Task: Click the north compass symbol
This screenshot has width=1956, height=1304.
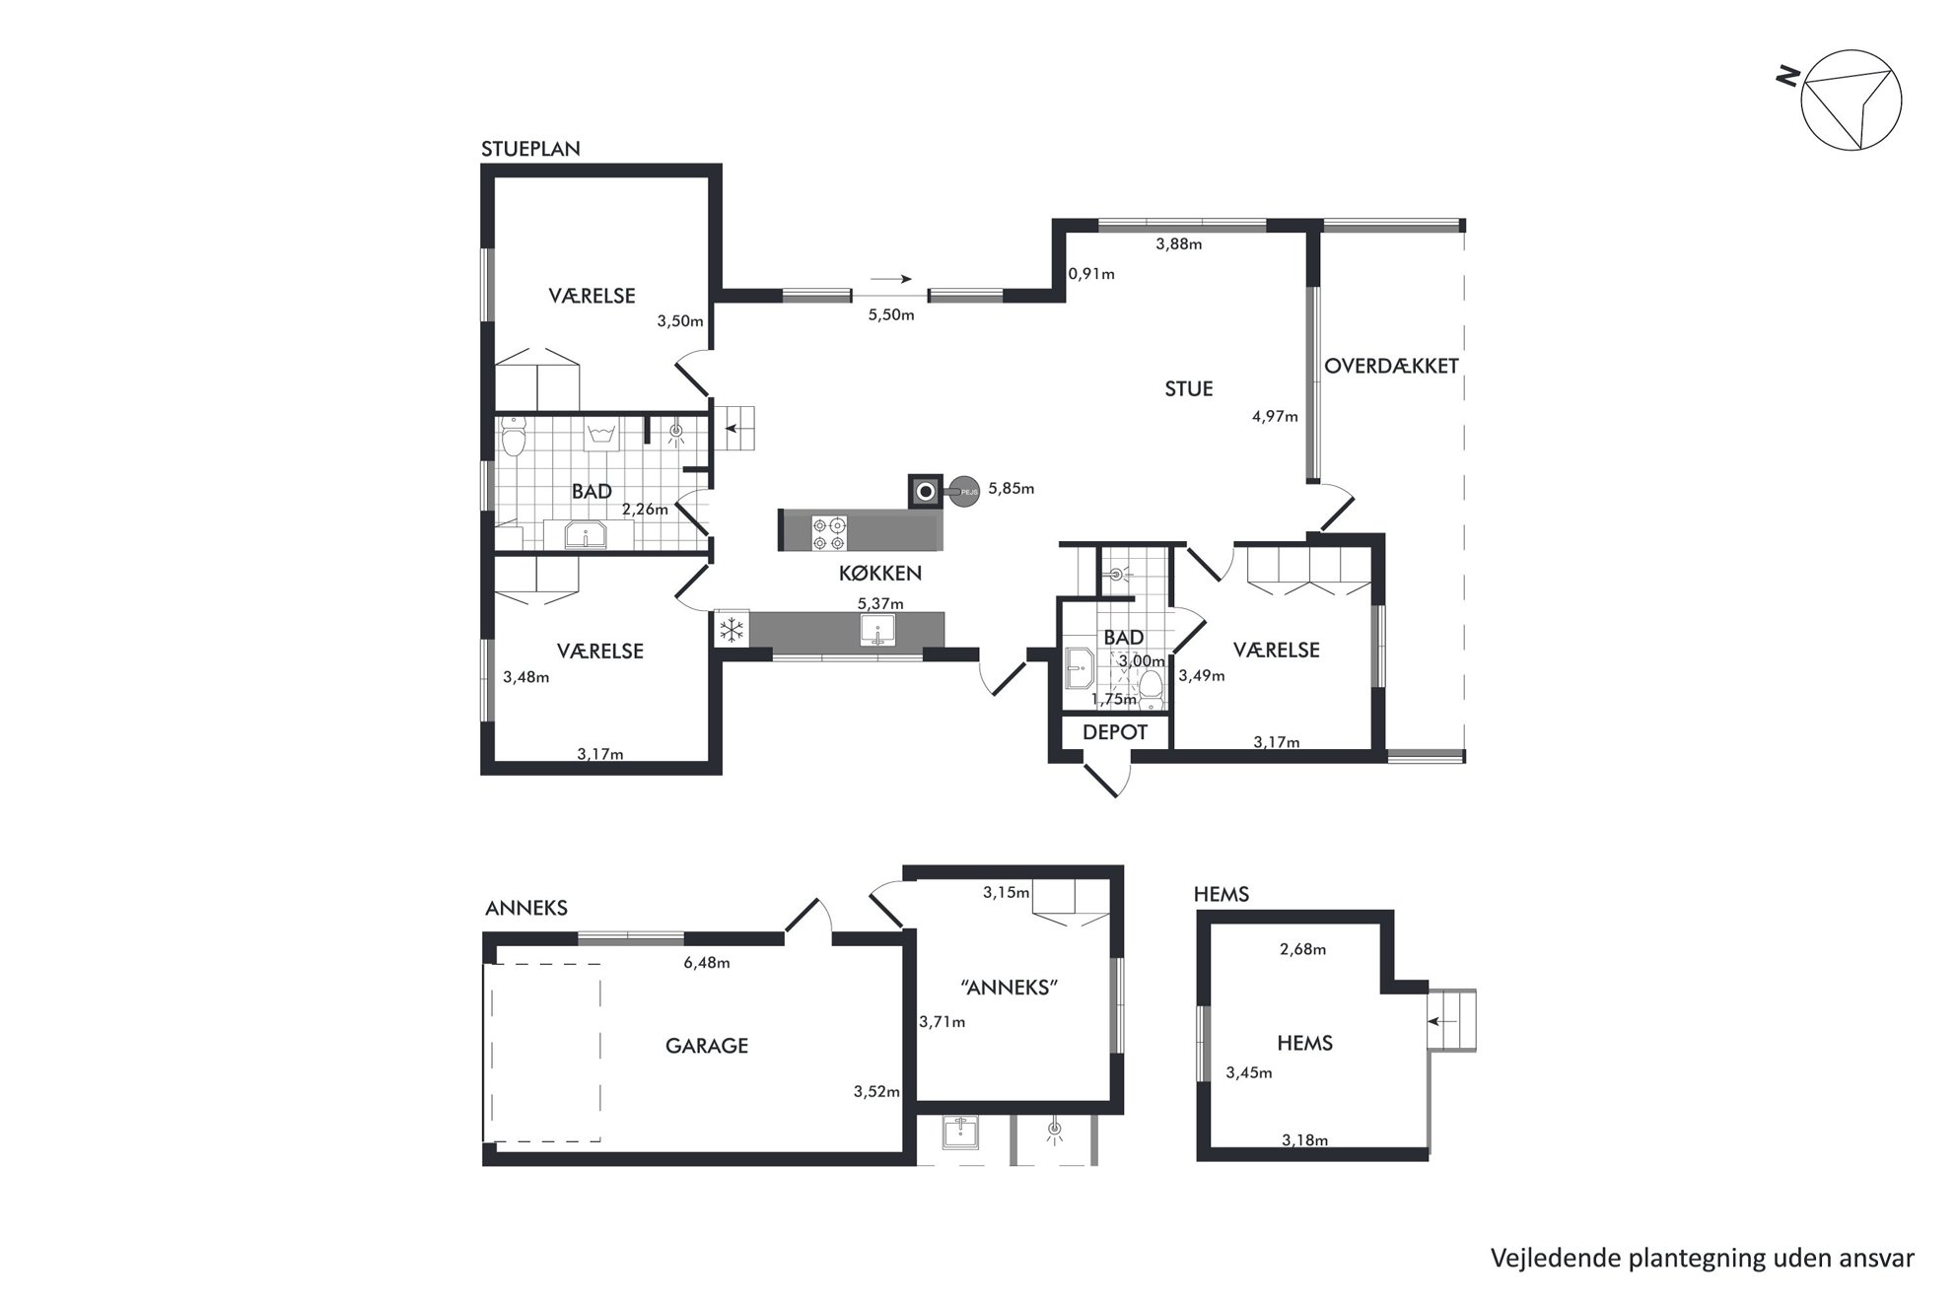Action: pyautogui.click(x=1851, y=101)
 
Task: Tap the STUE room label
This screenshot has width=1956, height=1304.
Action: pyautogui.click(x=1188, y=389)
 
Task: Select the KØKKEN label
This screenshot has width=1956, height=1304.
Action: pyautogui.click(x=880, y=573)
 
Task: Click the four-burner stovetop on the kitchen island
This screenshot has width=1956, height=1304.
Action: pyautogui.click(x=828, y=533)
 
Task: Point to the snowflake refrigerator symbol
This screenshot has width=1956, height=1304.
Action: pyautogui.click(x=731, y=630)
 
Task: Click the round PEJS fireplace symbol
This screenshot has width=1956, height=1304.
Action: pyautogui.click(x=962, y=490)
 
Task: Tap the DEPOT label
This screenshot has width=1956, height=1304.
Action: pyautogui.click(x=1115, y=732)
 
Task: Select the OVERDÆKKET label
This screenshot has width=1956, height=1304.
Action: pyautogui.click(x=1391, y=366)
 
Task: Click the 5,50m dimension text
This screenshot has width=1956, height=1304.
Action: pyautogui.click(x=890, y=315)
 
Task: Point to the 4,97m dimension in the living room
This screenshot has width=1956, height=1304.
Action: pyautogui.click(x=1275, y=416)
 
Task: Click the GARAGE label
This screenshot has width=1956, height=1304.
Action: pyautogui.click(x=706, y=1046)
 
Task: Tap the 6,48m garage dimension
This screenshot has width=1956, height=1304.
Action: pyautogui.click(x=706, y=963)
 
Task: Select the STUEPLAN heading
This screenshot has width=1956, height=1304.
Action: pyautogui.click(x=530, y=149)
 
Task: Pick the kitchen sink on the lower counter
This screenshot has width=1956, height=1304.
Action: pyautogui.click(x=876, y=630)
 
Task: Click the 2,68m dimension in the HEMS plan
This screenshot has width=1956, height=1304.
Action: pyautogui.click(x=1302, y=950)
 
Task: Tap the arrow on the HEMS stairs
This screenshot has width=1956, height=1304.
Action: pyautogui.click(x=1442, y=1022)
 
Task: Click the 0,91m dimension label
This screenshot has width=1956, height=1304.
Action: pyautogui.click(x=1091, y=274)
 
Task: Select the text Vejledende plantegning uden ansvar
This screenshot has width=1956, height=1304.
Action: pyautogui.click(x=1702, y=1258)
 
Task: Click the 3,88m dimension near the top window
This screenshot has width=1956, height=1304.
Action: pyautogui.click(x=1179, y=244)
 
